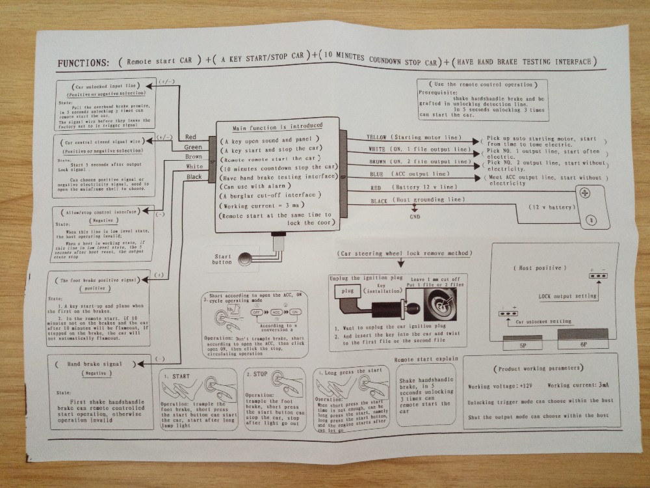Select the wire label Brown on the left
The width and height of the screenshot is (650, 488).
pyautogui.click(x=193, y=157)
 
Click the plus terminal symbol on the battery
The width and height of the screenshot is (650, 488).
pyautogui.click(x=584, y=193)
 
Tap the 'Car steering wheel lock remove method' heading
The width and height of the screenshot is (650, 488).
pyautogui.click(x=405, y=252)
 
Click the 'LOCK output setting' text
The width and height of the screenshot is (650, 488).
pyautogui.click(x=568, y=296)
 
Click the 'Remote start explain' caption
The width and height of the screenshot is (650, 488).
pyautogui.click(x=426, y=359)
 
